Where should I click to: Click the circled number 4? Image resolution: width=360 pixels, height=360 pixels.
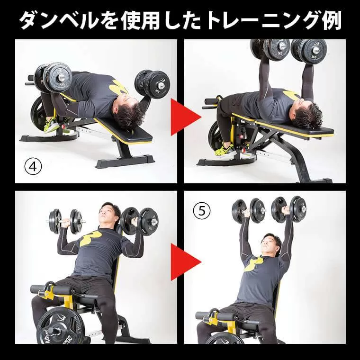pos(33,167)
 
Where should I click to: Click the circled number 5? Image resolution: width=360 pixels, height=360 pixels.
pos(201,211)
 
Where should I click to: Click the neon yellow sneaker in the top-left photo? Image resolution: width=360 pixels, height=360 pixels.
pos(52,126)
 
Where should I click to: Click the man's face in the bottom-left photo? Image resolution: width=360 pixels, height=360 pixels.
pos(108,214)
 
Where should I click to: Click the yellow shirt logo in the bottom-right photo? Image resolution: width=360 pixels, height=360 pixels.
pos(254,263)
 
